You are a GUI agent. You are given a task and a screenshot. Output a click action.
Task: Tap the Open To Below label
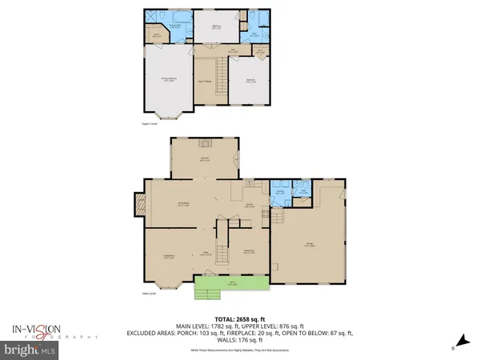click(210, 81)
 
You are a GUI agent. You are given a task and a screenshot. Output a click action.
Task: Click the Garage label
click(309, 246)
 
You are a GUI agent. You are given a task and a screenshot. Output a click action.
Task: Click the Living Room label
click(170, 256)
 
